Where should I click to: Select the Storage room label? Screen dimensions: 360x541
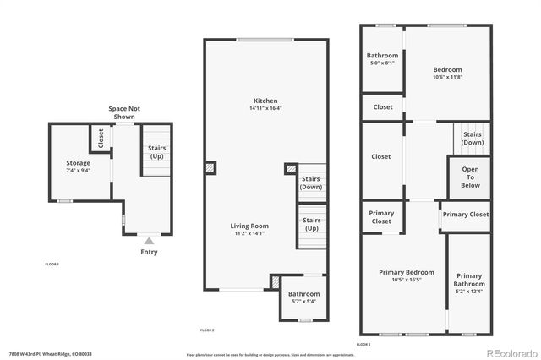[78, 163]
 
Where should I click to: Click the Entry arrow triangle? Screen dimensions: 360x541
[149, 241]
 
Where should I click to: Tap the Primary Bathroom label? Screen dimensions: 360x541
[469, 281]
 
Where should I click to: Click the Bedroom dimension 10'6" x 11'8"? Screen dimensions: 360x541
[447, 78]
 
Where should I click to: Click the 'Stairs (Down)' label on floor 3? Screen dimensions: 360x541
[473, 139]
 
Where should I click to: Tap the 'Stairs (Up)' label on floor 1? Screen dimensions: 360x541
[157, 152]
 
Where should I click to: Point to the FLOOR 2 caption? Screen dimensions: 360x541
[207, 330]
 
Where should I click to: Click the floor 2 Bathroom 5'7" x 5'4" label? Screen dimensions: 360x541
[305, 297]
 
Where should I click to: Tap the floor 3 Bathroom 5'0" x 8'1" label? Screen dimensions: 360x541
[382, 59]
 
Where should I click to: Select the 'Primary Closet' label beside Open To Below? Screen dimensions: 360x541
[466, 215]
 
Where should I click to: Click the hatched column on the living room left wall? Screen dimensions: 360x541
[210, 168]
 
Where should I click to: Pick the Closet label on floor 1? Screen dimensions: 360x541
[101, 137]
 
